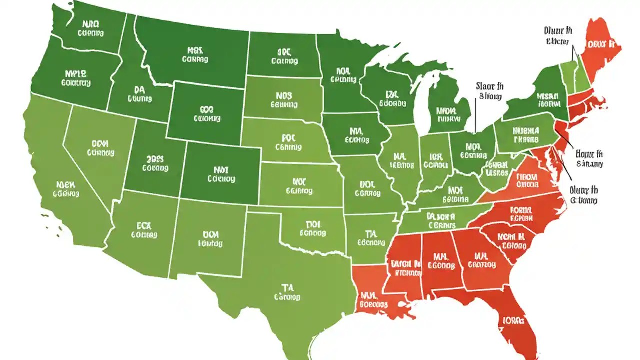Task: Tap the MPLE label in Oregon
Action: pos(75,73)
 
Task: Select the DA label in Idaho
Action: pos(139,90)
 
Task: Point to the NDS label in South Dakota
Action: pos(283,95)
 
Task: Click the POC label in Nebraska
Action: pos(288,137)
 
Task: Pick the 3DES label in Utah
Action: pos(158,159)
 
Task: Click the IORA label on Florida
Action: pos(513,320)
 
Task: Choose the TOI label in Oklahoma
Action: pos(312,224)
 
